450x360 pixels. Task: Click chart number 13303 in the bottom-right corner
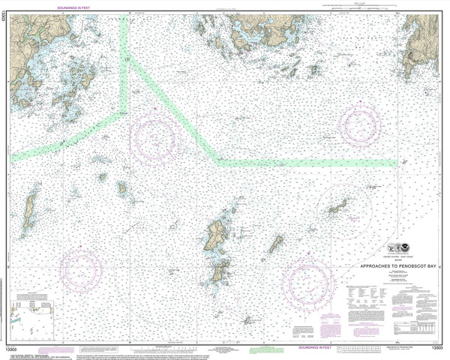click(x=436, y=348)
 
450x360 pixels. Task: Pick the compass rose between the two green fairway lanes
click(x=155, y=139)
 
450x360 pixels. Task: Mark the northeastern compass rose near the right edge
click(x=359, y=124)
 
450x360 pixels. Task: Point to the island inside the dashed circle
click(x=337, y=205)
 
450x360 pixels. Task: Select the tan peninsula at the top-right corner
click(x=423, y=41)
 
